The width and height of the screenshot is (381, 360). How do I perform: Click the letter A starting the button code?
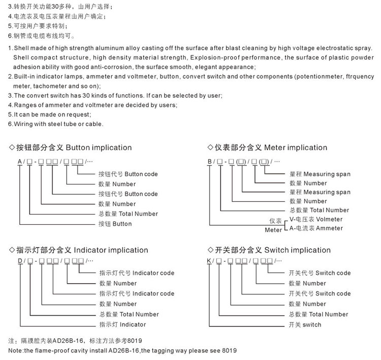[x=20, y=161]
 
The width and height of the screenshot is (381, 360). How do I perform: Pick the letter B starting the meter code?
[x=209, y=161]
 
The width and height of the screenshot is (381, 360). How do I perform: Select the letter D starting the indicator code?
[x=20, y=261]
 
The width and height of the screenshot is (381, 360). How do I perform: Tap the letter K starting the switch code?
[x=209, y=261]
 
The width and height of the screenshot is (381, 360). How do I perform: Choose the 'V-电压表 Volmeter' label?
[x=315, y=219]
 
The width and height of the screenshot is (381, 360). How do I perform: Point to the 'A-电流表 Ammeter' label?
[x=315, y=228]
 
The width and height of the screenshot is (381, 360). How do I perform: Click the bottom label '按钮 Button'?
[x=115, y=224]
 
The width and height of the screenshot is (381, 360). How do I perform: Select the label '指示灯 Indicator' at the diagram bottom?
[x=122, y=324]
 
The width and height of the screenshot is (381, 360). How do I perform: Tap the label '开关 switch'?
[x=305, y=324]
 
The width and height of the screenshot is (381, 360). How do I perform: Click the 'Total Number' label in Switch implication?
[x=319, y=314]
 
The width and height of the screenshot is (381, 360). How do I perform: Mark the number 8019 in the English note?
[x=229, y=351]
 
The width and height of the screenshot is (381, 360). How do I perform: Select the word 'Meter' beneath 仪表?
[x=273, y=230]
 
